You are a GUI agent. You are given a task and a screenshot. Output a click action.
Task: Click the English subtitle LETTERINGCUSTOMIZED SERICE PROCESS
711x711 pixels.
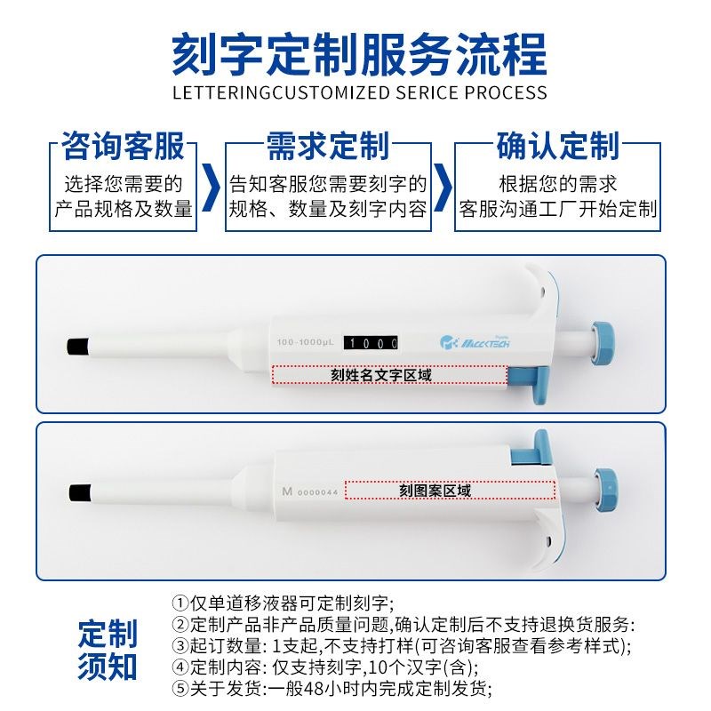pyautogui.click(x=358, y=92)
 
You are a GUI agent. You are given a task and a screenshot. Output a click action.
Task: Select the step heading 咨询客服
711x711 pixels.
pyautogui.click(x=123, y=145)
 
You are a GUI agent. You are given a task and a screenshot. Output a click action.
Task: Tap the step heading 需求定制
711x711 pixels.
pyautogui.click(x=328, y=145)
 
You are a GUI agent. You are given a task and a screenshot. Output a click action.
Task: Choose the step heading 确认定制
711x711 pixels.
pyautogui.click(x=557, y=145)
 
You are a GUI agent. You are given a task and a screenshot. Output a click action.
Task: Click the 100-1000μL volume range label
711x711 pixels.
pyautogui.click(x=305, y=342)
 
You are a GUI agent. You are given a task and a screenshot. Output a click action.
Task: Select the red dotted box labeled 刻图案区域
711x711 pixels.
pyautogui.click(x=449, y=491)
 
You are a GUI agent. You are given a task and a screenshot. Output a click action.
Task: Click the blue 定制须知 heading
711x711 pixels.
pyautogui.click(x=108, y=650)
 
